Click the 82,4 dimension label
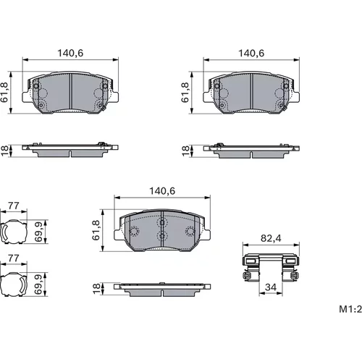coord(271,238)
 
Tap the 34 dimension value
coord(271,287)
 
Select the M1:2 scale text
coord(350,309)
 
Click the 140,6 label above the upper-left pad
coord(70,53)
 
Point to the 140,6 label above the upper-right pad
coord(251,53)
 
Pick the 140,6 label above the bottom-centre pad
coord(162,191)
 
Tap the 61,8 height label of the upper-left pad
coord(4,92)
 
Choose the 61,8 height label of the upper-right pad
coord(185,92)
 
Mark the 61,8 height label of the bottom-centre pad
coord(96,230)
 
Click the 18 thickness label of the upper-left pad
coord(4,151)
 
